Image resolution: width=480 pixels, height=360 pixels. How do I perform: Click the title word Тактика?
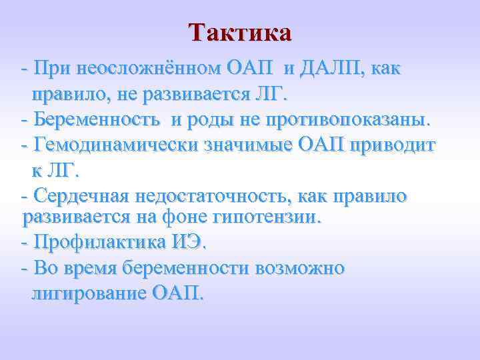pos(240,33)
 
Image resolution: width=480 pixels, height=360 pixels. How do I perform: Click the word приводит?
pos(397,145)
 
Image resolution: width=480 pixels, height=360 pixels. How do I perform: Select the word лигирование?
pos(87,293)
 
